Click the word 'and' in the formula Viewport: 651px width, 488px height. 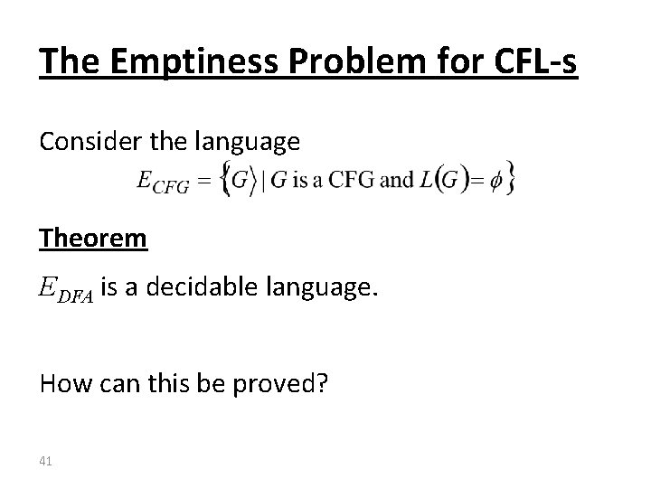[x=397, y=179]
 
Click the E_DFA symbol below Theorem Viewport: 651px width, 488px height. [x=66, y=291]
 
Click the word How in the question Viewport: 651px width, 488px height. [x=60, y=384]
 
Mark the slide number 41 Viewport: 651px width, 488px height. [x=46, y=462]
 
